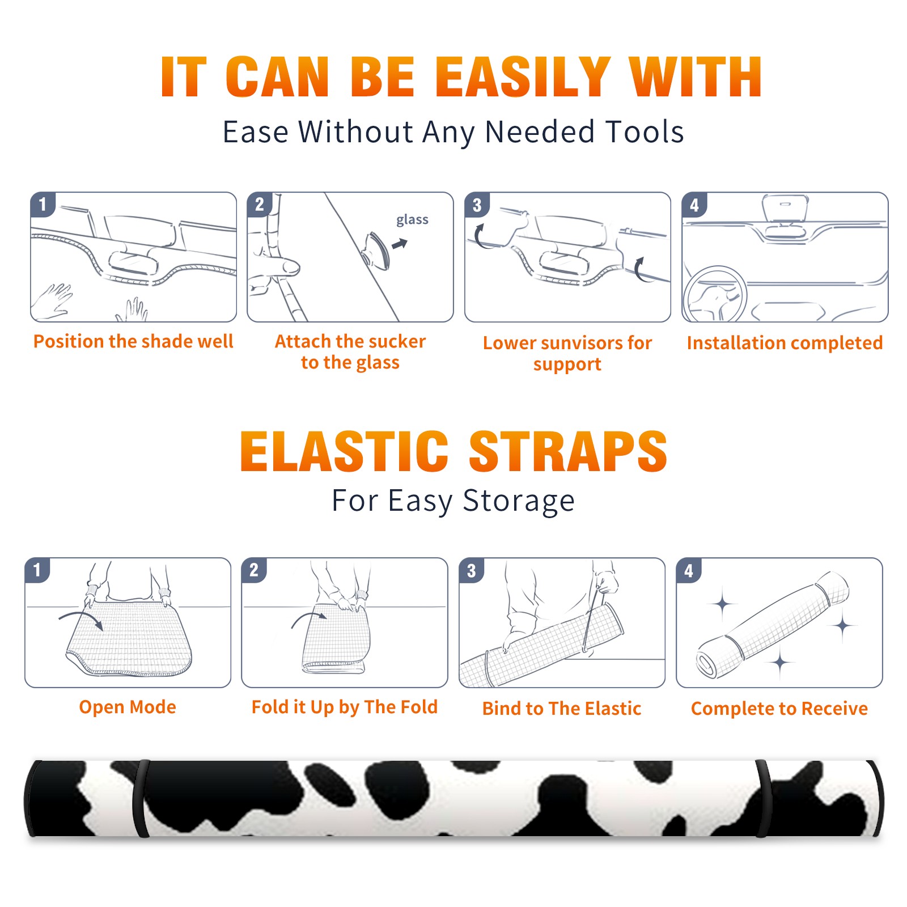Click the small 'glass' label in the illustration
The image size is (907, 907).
pyautogui.click(x=412, y=221)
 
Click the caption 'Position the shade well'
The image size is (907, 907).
pyautogui.click(x=133, y=341)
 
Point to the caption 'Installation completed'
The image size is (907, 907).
pyautogui.click(x=785, y=343)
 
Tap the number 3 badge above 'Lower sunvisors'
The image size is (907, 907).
pyautogui.click(x=477, y=205)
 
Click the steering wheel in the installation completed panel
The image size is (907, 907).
pyautogui.click(x=715, y=294)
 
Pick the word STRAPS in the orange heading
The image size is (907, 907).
pyautogui.click(x=568, y=451)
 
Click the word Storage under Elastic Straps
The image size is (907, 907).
pyautogui.click(x=519, y=501)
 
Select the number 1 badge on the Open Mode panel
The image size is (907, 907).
pyautogui.click(x=37, y=570)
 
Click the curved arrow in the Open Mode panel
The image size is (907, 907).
pyautogui.click(x=80, y=617)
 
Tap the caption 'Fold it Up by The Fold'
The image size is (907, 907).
pyautogui.click(x=345, y=707)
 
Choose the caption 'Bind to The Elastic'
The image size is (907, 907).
pyautogui.click(x=562, y=709)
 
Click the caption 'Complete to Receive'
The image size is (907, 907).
pyautogui.click(x=779, y=709)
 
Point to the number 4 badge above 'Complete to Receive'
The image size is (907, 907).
pyautogui.click(x=689, y=570)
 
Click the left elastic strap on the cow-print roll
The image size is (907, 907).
pyautogui.click(x=141, y=798)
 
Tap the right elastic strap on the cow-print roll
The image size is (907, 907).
pyautogui.click(x=763, y=798)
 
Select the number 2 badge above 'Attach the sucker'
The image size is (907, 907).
pyautogui.click(x=259, y=204)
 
